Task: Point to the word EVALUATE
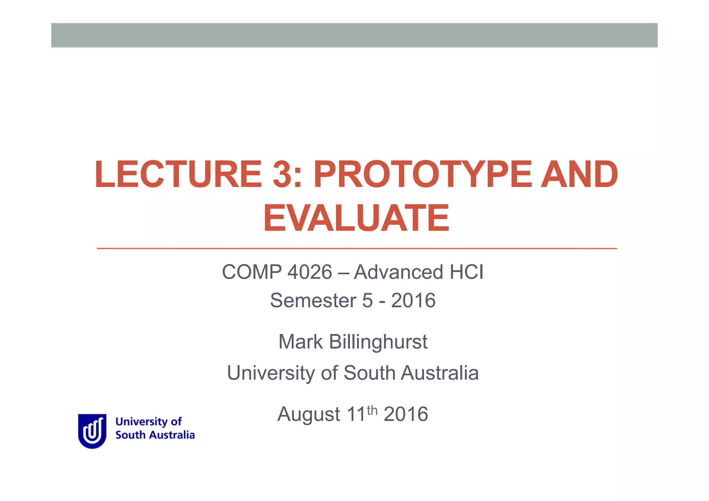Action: tap(356, 218)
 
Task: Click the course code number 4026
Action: tap(310, 272)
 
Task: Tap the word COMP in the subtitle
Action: tap(252, 272)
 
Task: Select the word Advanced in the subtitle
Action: tap(398, 272)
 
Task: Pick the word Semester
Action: tap(313, 300)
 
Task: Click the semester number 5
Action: tap(368, 300)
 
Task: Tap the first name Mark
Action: tap(300, 342)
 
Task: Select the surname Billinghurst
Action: tap(378, 342)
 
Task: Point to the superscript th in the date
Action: tap(372, 410)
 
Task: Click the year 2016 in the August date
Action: tap(406, 414)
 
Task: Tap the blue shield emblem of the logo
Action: tap(92, 431)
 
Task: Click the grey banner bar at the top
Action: tap(354, 35)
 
